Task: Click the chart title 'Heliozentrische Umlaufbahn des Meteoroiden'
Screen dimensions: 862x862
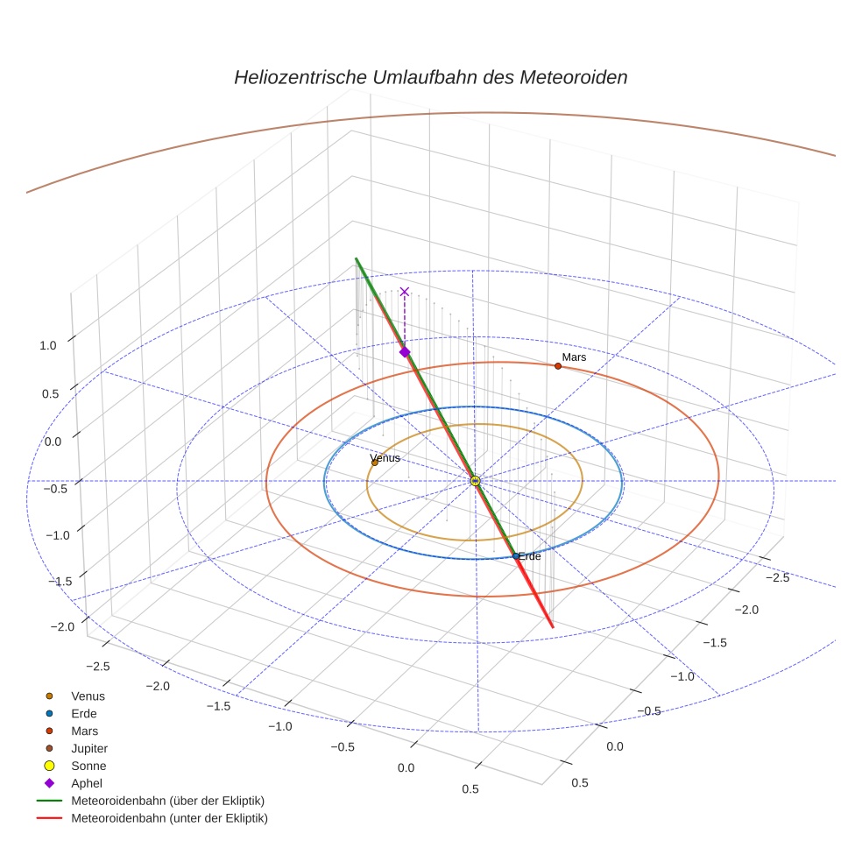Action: click(430, 77)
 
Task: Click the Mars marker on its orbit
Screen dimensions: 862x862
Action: click(558, 365)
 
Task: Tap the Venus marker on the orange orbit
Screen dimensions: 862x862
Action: click(375, 463)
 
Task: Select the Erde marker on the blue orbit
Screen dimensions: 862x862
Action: click(515, 556)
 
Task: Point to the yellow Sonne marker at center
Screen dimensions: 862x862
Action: click(475, 481)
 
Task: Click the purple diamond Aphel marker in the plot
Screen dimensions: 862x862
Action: click(405, 351)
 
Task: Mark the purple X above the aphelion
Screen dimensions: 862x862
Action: click(405, 292)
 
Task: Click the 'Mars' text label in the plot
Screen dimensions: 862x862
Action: click(574, 357)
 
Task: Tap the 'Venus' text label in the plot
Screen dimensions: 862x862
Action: click(385, 457)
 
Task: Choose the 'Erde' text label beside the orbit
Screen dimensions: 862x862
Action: click(529, 556)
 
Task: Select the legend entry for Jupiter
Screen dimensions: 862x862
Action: click(88, 748)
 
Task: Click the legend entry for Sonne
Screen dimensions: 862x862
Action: click(88, 766)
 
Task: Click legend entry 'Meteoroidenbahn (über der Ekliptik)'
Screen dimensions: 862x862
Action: click(167, 801)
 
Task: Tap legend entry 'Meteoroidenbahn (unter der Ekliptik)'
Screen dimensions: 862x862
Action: click(169, 818)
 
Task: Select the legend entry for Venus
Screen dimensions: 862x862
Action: click(88, 696)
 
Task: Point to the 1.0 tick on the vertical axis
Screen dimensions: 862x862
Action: click(47, 345)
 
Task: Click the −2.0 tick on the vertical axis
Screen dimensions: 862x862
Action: click(62, 626)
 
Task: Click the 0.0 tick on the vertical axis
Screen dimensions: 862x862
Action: click(52, 441)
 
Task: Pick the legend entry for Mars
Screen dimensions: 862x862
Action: click(84, 731)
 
